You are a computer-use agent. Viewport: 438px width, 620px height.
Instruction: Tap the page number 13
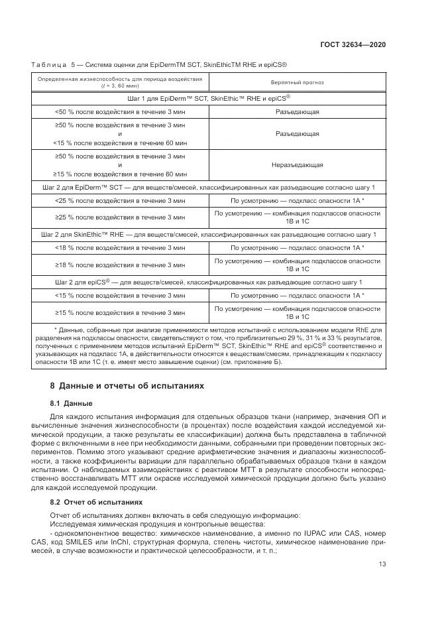382,565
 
